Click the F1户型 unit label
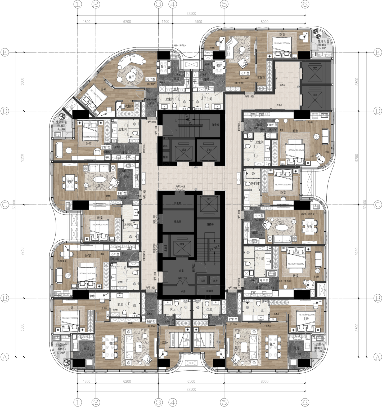245,73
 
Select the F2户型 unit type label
151,79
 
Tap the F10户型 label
272,125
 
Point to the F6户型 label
151,321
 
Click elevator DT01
183,150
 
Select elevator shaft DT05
315,68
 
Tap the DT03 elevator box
209,199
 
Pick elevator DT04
182,244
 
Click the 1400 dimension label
165,22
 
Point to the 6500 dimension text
191,381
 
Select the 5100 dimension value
198,22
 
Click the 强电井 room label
178,222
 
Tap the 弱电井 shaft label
178,203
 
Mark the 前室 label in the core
181,271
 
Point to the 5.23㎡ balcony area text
322,48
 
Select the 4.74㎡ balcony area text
61,129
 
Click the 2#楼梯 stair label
210,224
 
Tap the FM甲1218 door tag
182,278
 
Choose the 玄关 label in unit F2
151,104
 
